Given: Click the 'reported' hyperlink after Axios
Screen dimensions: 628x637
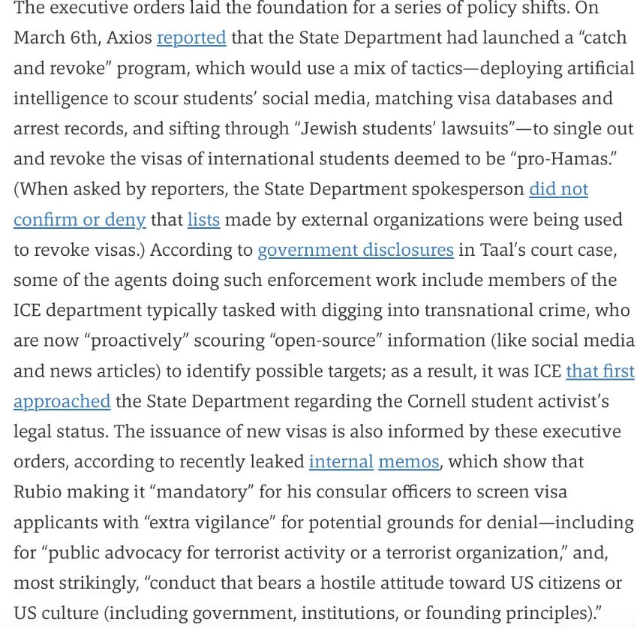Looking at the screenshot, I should click(x=191, y=38).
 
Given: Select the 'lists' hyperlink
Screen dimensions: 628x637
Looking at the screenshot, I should click(x=203, y=219).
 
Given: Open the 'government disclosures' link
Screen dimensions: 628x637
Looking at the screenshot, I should click(x=355, y=249).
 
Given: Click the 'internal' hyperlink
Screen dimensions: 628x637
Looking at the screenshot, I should click(x=341, y=461).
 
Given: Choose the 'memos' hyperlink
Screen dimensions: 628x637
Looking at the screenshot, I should click(x=409, y=461).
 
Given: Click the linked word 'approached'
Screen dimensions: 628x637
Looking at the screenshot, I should click(x=62, y=401).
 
